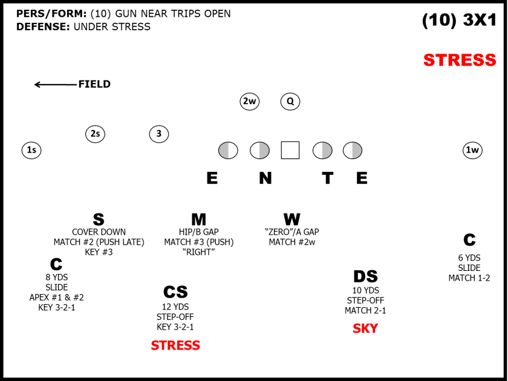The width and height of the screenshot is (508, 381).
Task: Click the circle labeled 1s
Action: point(31,150)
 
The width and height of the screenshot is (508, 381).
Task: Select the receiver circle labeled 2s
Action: point(95,134)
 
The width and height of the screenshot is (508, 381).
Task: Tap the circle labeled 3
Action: point(159,134)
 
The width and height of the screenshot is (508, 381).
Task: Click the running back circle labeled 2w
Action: point(249,102)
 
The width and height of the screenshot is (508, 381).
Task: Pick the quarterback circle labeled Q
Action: point(290,102)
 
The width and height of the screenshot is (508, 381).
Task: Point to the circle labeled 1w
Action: point(472,150)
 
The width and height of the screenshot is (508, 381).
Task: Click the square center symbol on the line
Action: point(290,150)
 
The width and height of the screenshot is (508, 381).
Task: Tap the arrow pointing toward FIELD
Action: point(54,85)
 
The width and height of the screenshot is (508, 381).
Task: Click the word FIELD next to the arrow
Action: point(94,85)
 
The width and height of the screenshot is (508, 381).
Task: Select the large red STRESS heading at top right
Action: point(460,60)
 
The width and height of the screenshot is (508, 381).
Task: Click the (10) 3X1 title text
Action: point(459,21)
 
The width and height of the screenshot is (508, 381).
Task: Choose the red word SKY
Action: point(365,329)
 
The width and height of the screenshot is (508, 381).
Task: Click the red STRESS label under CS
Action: point(175,346)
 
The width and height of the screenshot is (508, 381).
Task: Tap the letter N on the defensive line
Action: point(265,178)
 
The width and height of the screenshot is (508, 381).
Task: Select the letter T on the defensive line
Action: point(327,178)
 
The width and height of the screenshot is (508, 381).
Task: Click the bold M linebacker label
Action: point(198,220)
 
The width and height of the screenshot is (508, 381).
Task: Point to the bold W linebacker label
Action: point(292,220)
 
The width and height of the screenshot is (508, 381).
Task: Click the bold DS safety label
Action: point(365,277)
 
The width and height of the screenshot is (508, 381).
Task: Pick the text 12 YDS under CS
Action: point(175,307)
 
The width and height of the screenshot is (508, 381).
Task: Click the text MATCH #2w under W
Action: point(292,243)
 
